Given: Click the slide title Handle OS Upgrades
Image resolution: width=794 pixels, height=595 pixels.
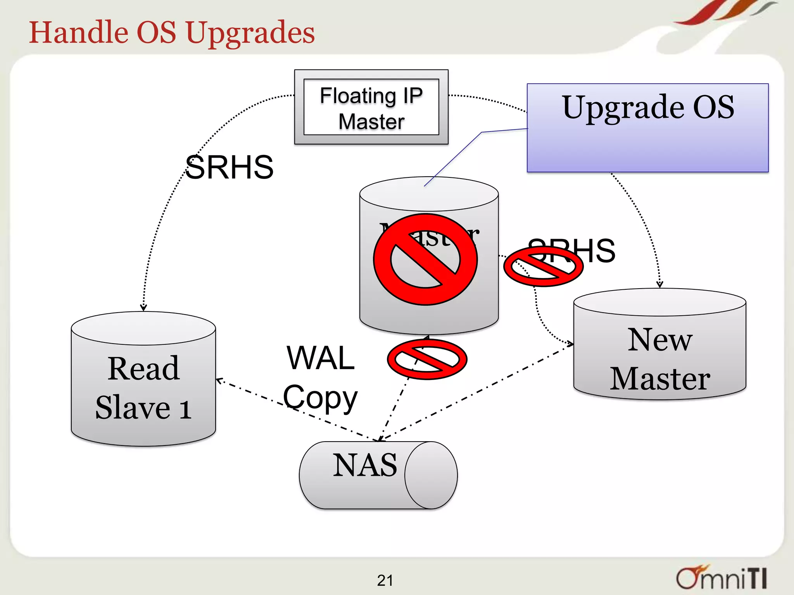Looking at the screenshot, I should [172, 33].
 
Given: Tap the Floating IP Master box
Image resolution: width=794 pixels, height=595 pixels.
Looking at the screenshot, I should [371, 107].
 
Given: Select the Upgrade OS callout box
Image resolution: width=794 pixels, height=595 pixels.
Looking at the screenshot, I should [647, 128].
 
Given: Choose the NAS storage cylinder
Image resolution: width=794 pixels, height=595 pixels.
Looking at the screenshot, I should [378, 475].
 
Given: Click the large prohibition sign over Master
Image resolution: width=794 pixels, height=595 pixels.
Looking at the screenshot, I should [425, 260].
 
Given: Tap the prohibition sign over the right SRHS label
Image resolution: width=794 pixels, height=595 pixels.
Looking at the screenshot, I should [543, 267].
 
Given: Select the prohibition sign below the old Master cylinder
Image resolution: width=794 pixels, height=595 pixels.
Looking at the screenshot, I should [427, 359].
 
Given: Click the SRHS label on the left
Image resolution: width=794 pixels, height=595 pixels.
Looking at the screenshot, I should [229, 167].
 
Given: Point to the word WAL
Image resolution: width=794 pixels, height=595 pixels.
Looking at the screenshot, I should [321, 358].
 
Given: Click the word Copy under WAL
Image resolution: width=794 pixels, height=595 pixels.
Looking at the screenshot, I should [320, 398].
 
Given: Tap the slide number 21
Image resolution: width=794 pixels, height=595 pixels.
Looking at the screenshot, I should [385, 580].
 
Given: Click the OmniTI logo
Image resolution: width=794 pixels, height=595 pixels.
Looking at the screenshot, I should [721, 578].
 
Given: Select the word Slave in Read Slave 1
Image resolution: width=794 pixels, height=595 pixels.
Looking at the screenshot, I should [133, 408].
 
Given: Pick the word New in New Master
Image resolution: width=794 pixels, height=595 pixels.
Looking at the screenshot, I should [660, 340].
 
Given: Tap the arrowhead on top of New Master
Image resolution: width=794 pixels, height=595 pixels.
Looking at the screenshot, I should [659, 285].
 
